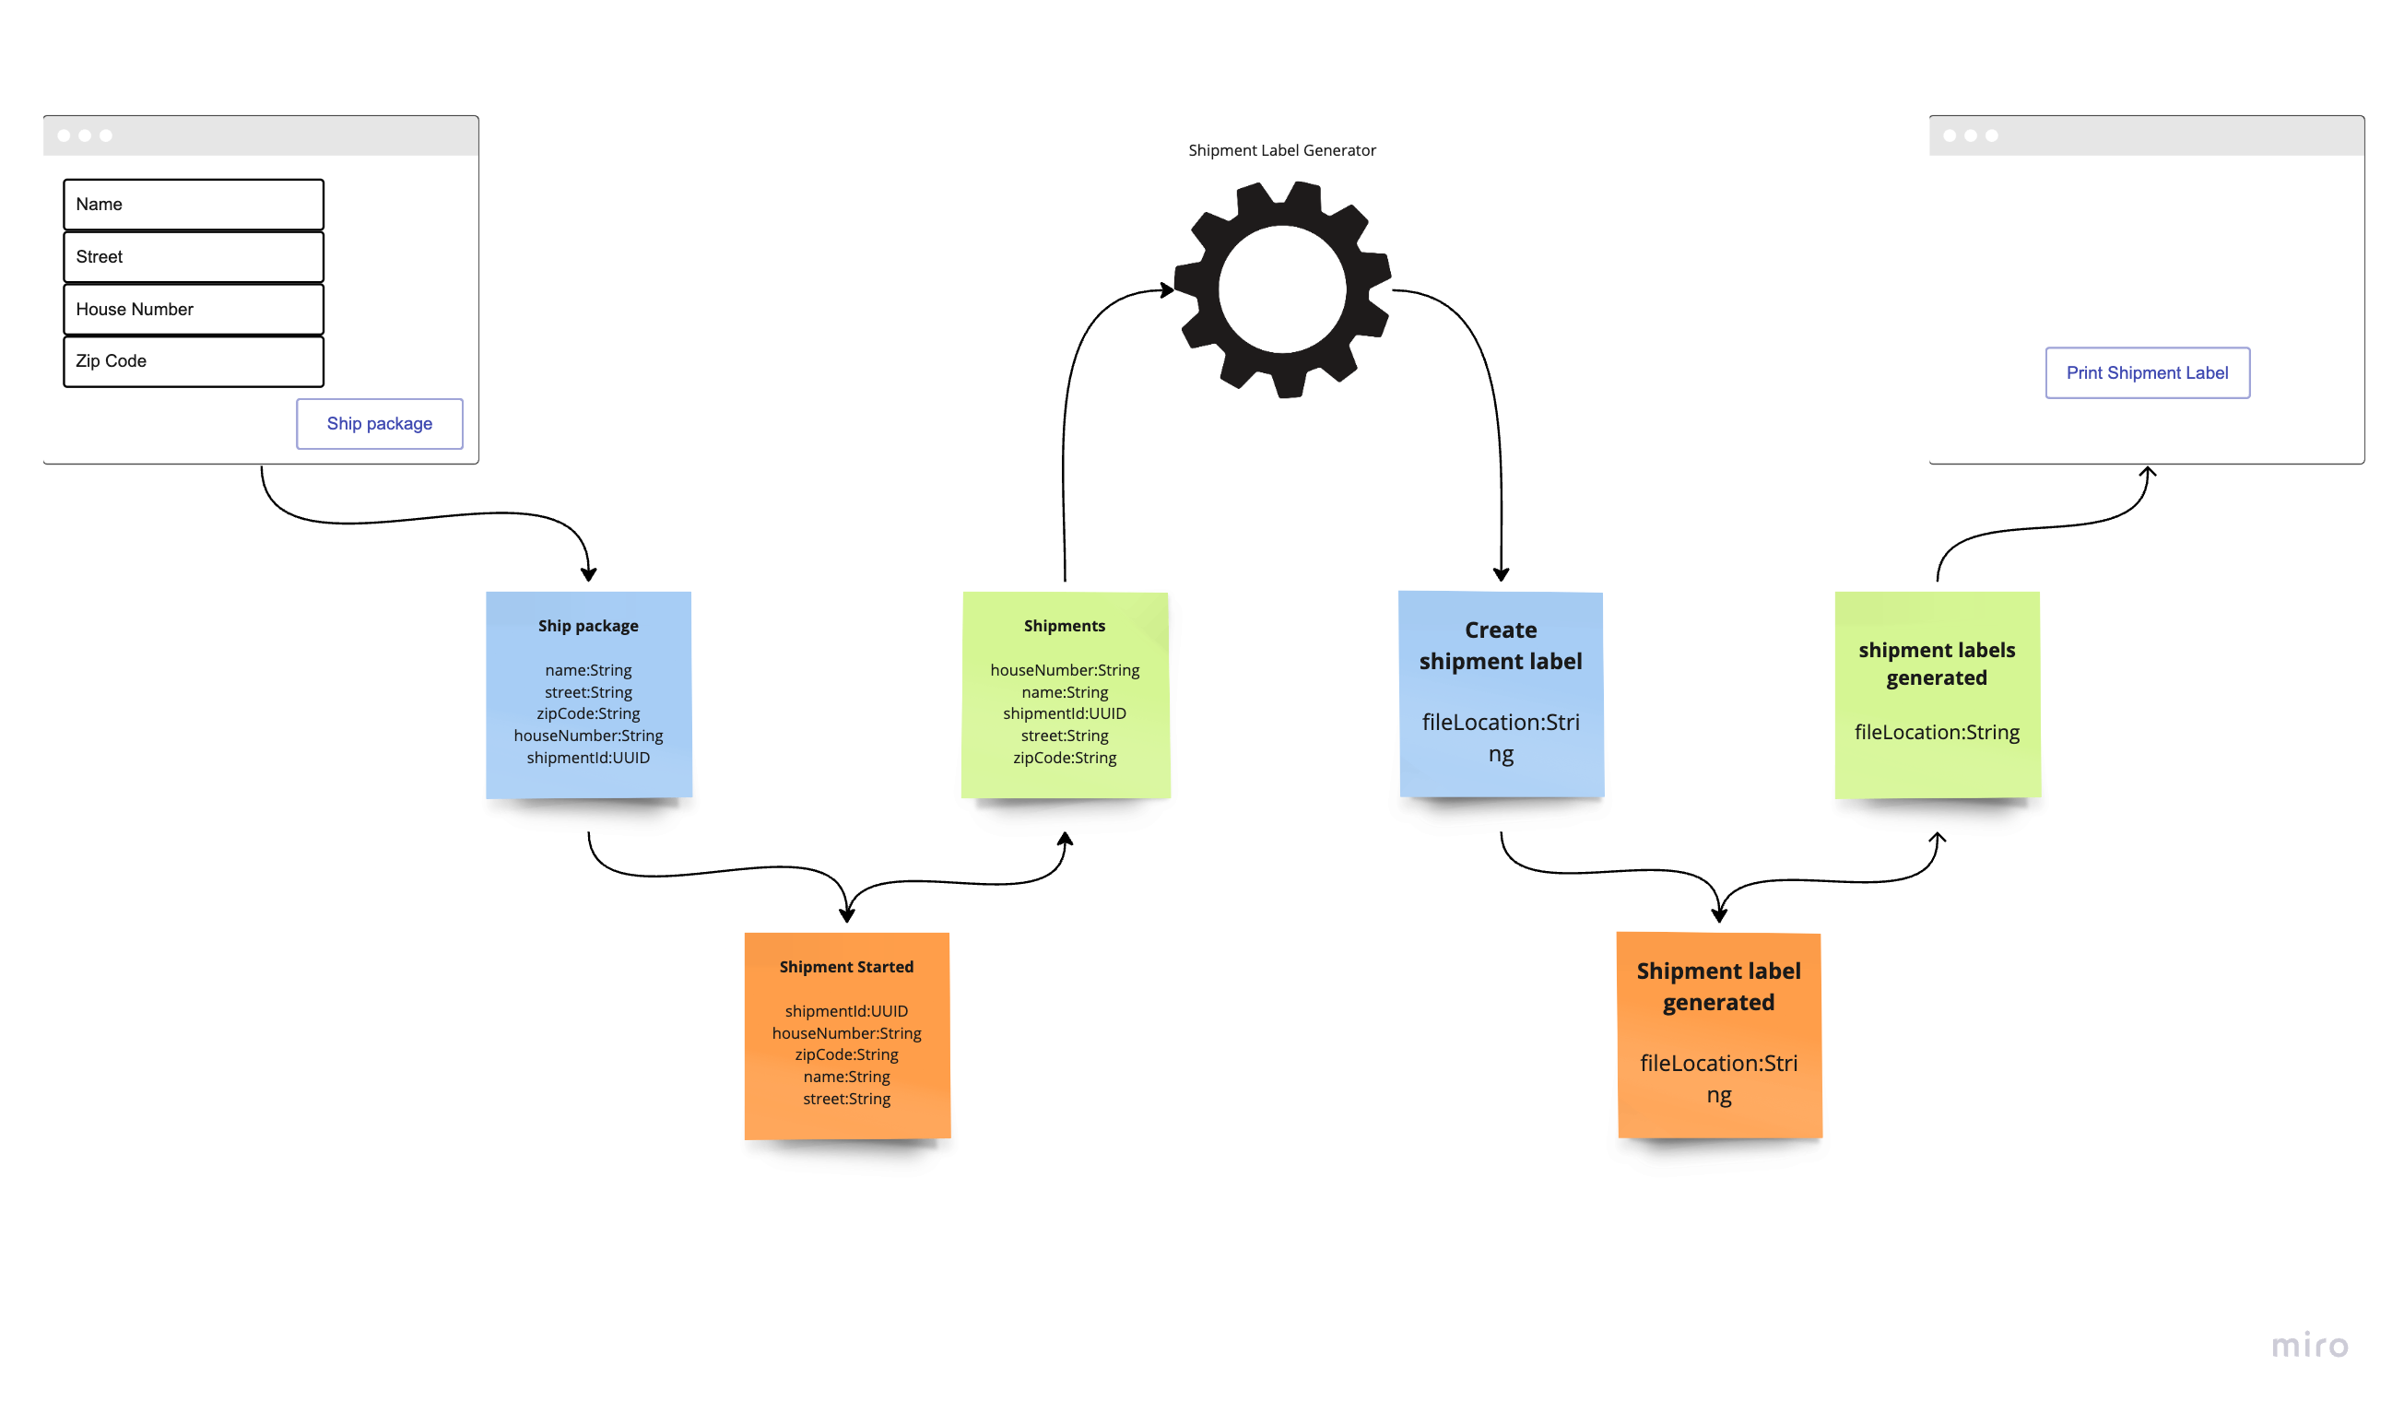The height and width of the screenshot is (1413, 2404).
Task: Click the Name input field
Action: (x=194, y=205)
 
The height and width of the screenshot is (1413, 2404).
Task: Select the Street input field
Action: (x=194, y=256)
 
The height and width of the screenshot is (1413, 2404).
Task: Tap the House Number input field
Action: (x=194, y=309)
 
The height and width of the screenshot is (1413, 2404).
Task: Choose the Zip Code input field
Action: (x=194, y=361)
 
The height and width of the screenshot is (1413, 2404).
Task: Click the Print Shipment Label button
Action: (x=2147, y=373)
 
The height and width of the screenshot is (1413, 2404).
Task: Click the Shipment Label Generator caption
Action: (x=1281, y=151)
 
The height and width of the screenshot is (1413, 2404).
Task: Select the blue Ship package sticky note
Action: (x=589, y=695)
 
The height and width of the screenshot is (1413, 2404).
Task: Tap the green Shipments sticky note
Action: (x=1065, y=695)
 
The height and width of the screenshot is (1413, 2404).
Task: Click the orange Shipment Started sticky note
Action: (x=847, y=1035)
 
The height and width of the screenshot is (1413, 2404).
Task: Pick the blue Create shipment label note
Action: (x=1501, y=694)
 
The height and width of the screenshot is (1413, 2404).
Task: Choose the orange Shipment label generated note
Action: (x=1719, y=1035)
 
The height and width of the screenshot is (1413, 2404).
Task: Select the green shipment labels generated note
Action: (x=1937, y=695)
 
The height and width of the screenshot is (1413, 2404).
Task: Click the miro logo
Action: (x=2309, y=1346)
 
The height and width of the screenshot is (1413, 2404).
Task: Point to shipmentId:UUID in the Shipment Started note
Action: (x=846, y=1011)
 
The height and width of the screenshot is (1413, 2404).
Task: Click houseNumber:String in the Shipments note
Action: (x=1065, y=671)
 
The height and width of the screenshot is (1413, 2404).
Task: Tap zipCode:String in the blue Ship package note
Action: (x=589, y=713)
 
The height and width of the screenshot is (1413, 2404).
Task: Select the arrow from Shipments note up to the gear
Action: (x=1065, y=430)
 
